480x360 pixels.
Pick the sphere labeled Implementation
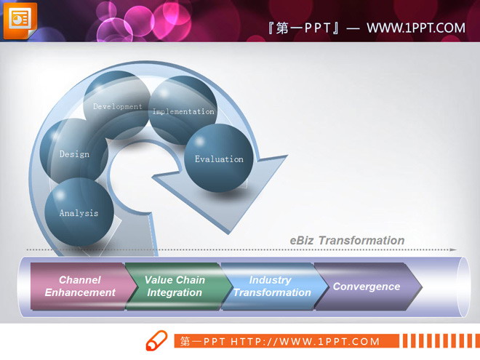point(183,111)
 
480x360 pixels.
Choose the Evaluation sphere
point(218,158)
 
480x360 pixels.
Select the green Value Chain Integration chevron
point(175,287)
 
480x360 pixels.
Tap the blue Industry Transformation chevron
point(271,287)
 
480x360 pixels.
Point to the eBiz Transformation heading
point(347,241)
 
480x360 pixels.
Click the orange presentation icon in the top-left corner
point(20,20)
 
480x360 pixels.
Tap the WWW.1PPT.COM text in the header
point(415,28)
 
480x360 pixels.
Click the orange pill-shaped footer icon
point(156,341)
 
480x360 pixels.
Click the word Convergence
point(366,287)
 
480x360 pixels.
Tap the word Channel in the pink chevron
point(80,280)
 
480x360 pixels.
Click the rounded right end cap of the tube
point(460,287)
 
